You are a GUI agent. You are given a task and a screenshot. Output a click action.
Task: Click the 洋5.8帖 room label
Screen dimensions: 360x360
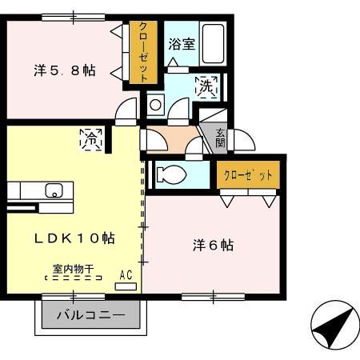64,70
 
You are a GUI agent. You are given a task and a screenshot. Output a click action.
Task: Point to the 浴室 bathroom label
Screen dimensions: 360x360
181,44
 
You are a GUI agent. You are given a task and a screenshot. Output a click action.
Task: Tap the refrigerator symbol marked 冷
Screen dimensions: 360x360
90,139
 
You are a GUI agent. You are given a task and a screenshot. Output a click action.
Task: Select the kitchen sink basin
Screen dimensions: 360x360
54,190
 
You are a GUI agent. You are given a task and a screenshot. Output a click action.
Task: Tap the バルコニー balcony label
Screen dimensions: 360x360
90,315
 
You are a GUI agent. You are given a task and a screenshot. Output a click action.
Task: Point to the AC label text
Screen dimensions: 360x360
126,274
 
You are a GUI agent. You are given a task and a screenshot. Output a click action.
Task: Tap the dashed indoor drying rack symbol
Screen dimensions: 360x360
74,279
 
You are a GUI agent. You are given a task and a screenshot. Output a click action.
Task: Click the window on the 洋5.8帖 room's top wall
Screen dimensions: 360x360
74,15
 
